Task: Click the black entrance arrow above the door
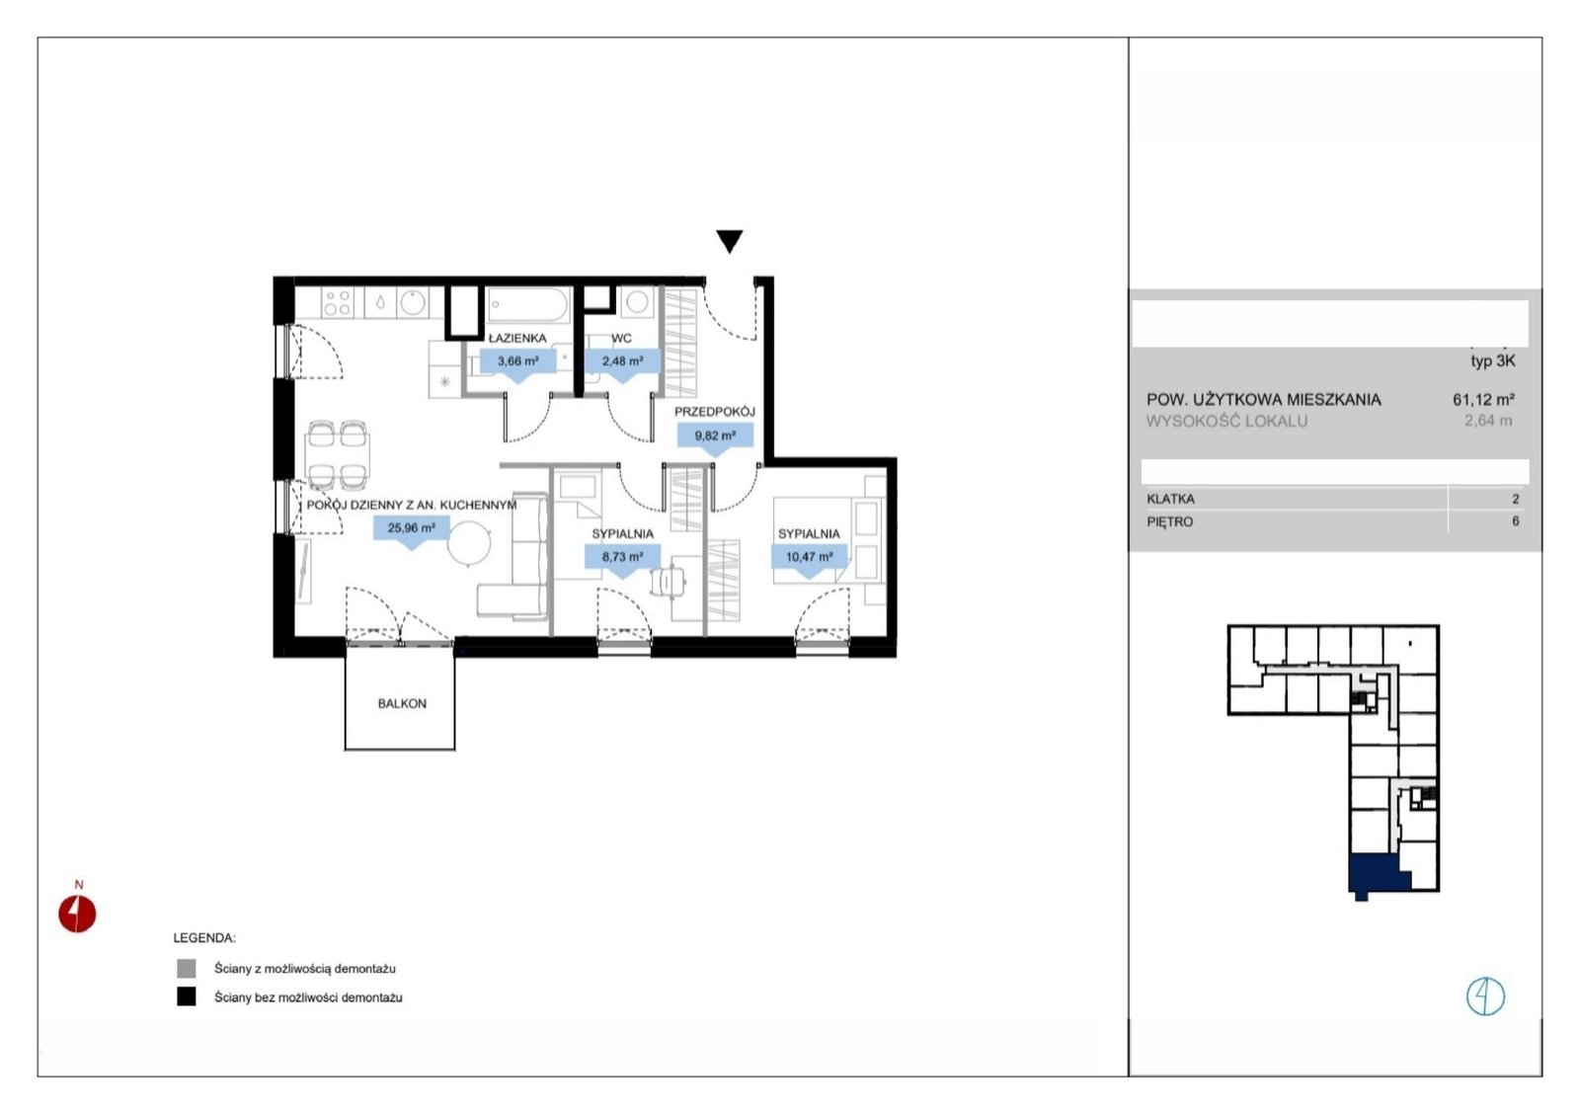click(x=730, y=241)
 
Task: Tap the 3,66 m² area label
click(x=518, y=361)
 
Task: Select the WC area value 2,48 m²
click(x=622, y=361)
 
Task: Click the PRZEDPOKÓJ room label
click(x=715, y=411)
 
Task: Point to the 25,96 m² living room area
click(x=411, y=527)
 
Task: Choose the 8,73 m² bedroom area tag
click(x=622, y=557)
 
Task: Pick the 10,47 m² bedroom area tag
click(x=809, y=557)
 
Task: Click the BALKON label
click(x=402, y=703)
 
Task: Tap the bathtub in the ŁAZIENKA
click(x=528, y=305)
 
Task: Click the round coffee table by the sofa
click(x=468, y=543)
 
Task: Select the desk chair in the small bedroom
click(x=668, y=582)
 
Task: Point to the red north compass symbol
click(x=77, y=913)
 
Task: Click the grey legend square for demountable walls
click(x=187, y=968)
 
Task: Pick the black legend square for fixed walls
click(x=187, y=996)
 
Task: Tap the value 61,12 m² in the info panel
click(x=1483, y=399)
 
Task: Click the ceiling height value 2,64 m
click(x=1488, y=421)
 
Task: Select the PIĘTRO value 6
click(x=1515, y=521)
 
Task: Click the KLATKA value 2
click(x=1515, y=499)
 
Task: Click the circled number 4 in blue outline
click(x=1485, y=996)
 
